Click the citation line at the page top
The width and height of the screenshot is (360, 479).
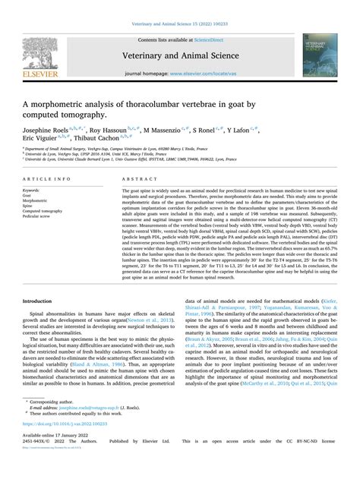[x=179, y=7]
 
